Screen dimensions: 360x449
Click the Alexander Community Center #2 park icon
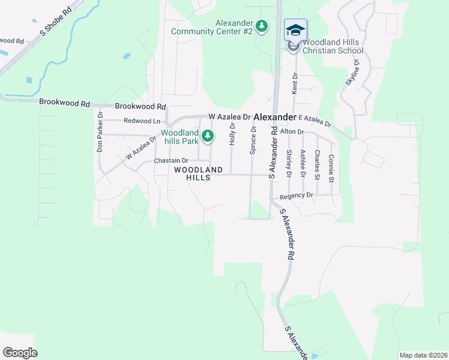262,26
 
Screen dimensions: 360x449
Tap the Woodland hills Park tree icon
208,137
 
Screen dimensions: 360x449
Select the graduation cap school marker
295,30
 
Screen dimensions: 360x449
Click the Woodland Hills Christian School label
333,47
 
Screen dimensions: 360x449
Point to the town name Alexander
275,117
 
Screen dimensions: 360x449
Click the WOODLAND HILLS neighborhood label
198,174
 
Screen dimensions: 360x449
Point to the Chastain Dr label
171,161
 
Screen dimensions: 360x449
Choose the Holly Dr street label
232,134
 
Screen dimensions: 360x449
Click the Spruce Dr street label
253,139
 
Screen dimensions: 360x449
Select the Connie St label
331,166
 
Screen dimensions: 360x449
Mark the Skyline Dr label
352,73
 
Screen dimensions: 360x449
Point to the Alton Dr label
292,131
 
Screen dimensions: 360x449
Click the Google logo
20,353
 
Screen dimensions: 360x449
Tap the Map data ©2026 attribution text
423,355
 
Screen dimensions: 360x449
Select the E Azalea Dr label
315,121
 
